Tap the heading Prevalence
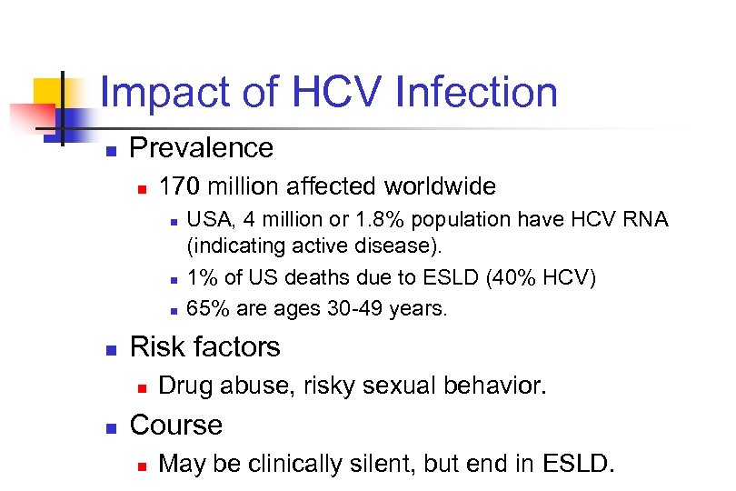[x=202, y=147]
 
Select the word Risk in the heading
[x=156, y=346]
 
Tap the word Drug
[x=184, y=386]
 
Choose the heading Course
[x=176, y=425]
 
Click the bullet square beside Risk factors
[x=110, y=349]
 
